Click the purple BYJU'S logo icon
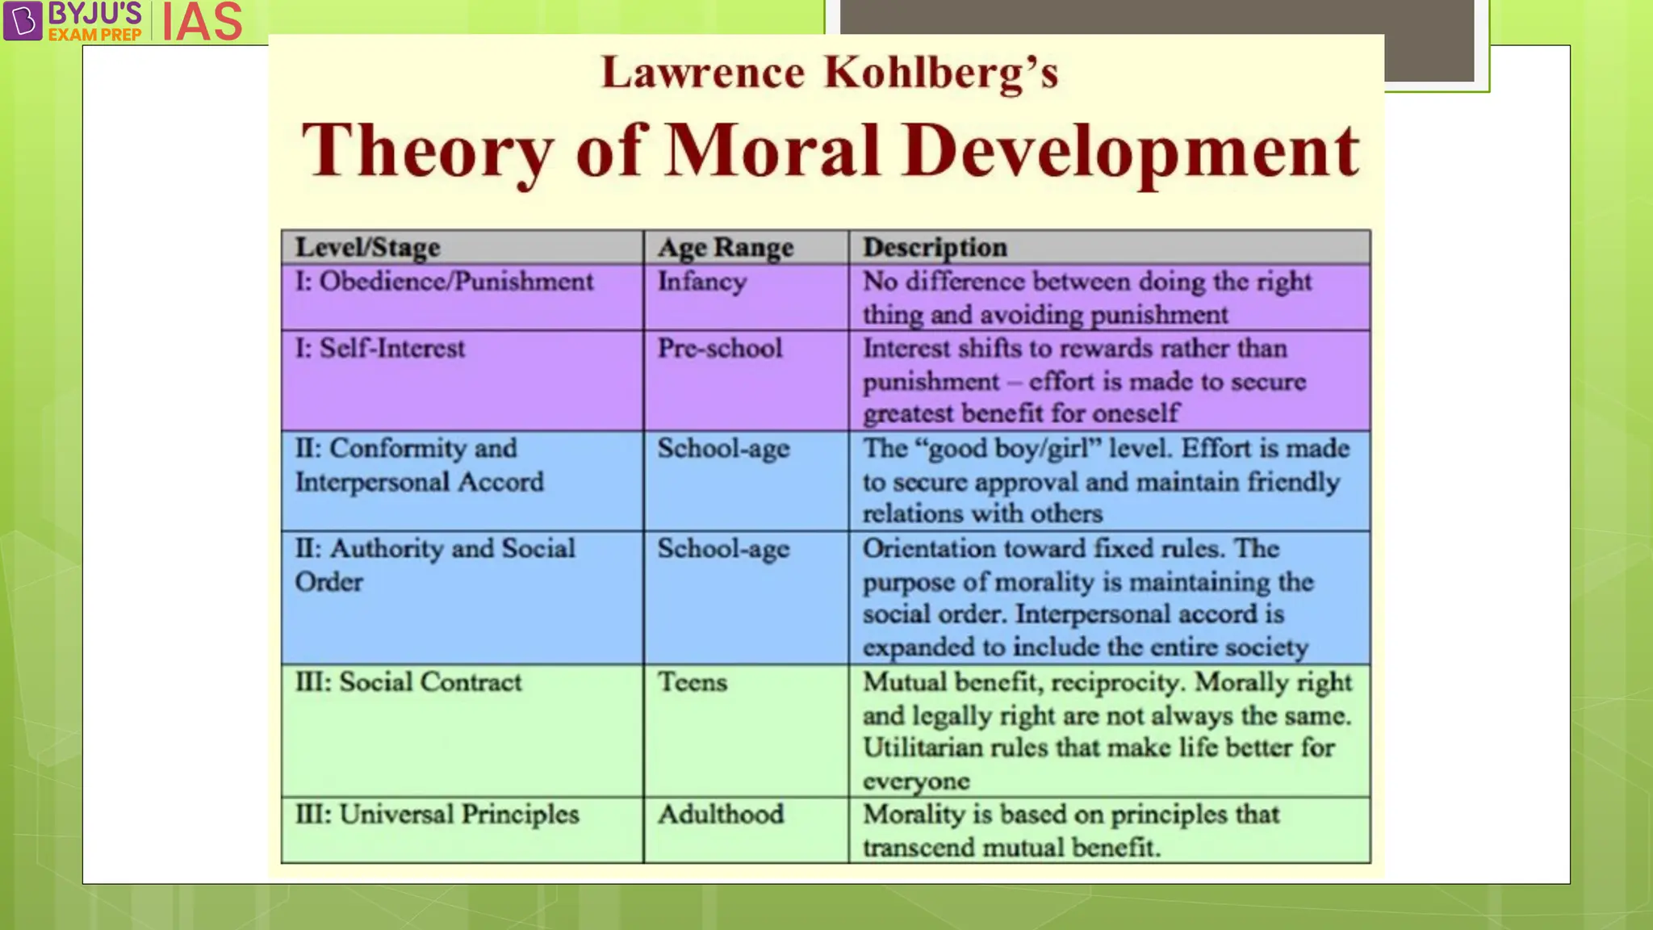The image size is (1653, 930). [x=23, y=20]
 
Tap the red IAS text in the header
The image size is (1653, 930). [x=202, y=22]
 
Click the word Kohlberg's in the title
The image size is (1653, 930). [x=940, y=73]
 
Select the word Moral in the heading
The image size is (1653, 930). [x=772, y=151]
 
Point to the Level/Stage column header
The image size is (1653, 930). [x=367, y=247]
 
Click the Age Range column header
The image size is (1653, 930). [x=725, y=247]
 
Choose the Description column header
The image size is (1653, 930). [x=935, y=247]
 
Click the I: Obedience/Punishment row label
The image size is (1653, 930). [x=444, y=281]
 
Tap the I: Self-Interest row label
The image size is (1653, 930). [x=379, y=348]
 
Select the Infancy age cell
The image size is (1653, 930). [x=701, y=282]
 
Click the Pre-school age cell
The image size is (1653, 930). [x=719, y=348]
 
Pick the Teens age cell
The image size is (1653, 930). [x=692, y=682]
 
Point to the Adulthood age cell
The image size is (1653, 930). [x=720, y=814]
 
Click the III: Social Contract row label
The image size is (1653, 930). [x=408, y=682]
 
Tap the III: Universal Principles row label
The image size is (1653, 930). [x=437, y=814]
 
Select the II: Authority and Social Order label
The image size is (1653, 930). [x=434, y=564]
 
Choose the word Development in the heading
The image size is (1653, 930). [x=1130, y=151]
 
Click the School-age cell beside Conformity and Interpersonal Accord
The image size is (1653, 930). [x=722, y=449]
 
